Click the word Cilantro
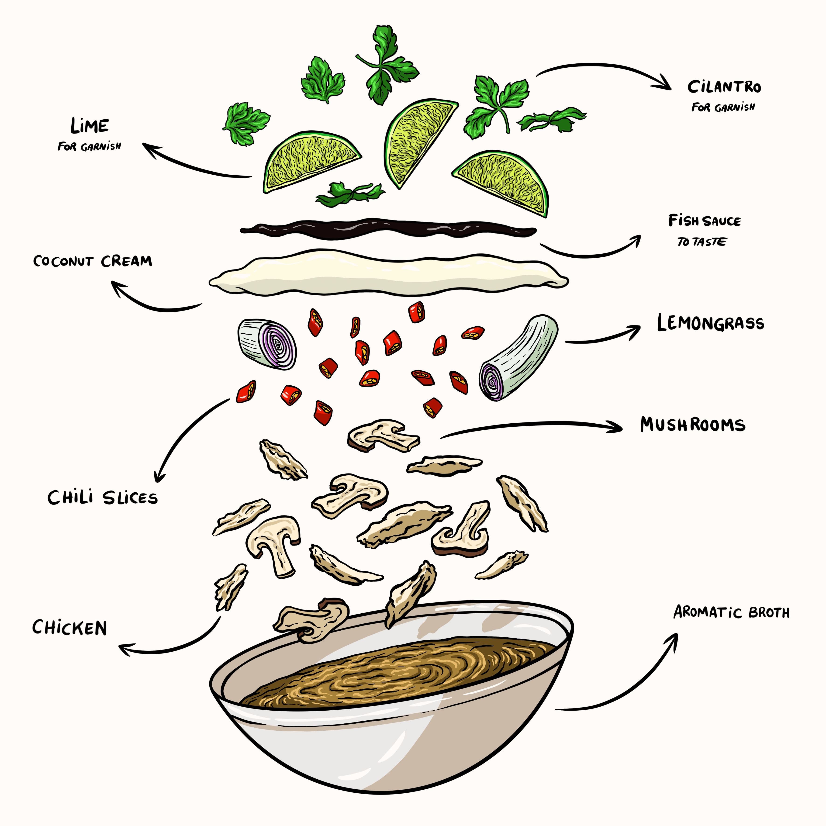(x=724, y=87)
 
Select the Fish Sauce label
(x=704, y=221)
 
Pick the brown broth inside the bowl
(x=397, y=671)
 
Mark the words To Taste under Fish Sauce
(x=701, y=242)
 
